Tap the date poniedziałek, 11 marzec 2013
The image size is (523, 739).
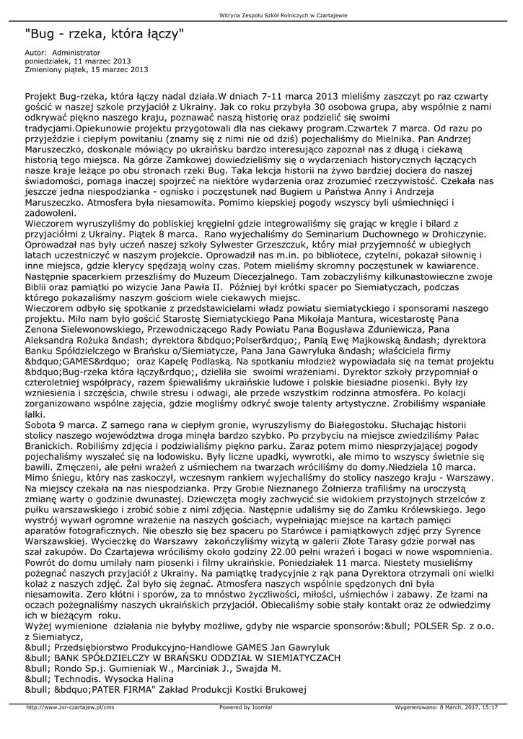tap(78, 61)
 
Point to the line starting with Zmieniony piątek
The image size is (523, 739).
tap(87, 70)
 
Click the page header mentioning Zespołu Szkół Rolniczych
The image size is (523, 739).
tap(261, 15)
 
